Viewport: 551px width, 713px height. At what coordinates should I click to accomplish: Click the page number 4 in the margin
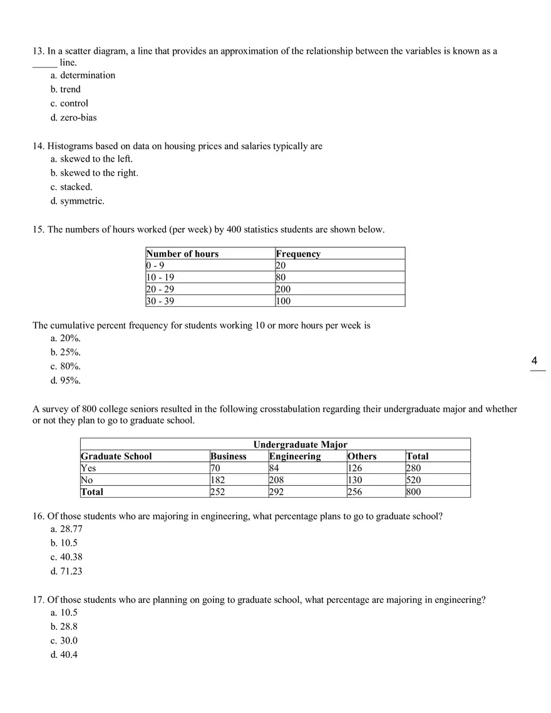[x=534, y=361]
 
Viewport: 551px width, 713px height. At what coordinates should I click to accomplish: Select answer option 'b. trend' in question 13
[x=66, y=90]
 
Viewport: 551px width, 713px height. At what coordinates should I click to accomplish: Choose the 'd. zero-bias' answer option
[x=74, y=118]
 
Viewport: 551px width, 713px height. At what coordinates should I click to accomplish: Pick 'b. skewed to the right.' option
[x=95, y=173]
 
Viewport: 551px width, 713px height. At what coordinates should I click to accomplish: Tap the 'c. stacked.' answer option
[x=71, y=187]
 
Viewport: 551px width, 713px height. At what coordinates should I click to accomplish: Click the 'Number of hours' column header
[x=182, y=254]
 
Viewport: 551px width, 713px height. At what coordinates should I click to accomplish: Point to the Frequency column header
[x=298, y=254]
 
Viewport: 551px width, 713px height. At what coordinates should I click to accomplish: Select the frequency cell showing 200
[x=283, y=289]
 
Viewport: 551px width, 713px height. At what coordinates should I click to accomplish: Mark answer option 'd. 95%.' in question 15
[x=66, y=381]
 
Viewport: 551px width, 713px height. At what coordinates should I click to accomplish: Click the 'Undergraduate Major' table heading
[x=300, y=444]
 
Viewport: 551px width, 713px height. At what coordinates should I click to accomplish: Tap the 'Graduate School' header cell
[x=116, y=456]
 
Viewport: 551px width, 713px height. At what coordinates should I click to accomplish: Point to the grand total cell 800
[x=413, y=492]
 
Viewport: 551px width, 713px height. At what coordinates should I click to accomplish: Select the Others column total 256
[x=355, y=492]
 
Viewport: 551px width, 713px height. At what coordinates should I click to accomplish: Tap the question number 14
[x=38, y=146]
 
